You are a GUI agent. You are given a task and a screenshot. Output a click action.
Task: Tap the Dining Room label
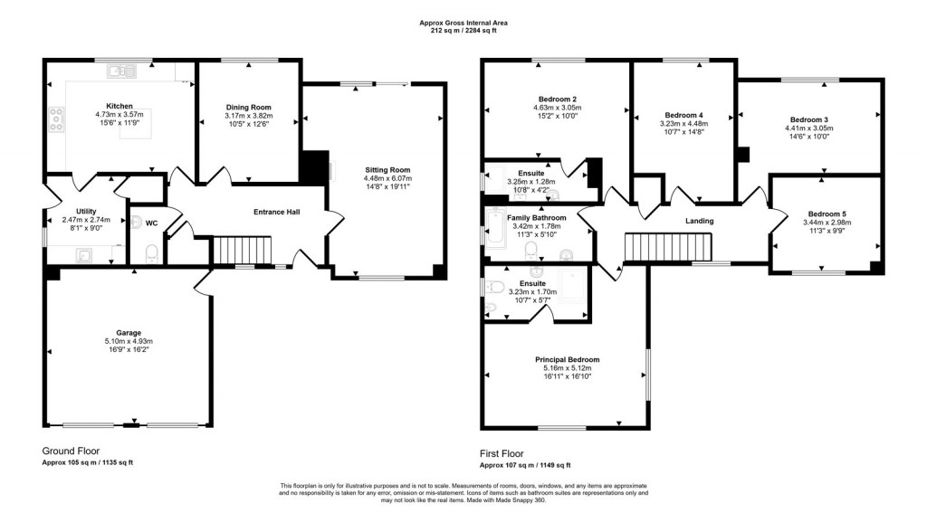click(248, 108)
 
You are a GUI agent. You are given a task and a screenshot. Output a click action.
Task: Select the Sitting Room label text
click(387, 169)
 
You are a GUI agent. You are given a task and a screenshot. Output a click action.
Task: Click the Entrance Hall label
click(276, 213)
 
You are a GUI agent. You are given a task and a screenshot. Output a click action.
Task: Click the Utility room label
click(86, 211)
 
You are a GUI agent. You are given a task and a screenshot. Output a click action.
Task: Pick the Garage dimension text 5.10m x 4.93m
click(128, 341)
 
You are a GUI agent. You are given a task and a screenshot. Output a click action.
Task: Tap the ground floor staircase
click(242, 250)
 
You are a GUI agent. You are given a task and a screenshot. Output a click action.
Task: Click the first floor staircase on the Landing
click(670, 245)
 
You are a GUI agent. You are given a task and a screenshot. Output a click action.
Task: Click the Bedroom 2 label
click(557, 99)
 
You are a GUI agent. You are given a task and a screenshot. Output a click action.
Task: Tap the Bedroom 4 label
click(683, 115)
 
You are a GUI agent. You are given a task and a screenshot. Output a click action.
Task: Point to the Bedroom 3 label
click(808, 119)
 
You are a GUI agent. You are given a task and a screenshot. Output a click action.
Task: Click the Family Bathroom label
click(537, 218)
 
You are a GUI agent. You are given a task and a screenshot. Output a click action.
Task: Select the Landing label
click(699, 221)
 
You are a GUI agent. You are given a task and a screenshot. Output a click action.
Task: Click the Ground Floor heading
click(71, 450)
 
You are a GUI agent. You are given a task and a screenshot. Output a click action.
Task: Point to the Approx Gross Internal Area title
click(463, 23)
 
